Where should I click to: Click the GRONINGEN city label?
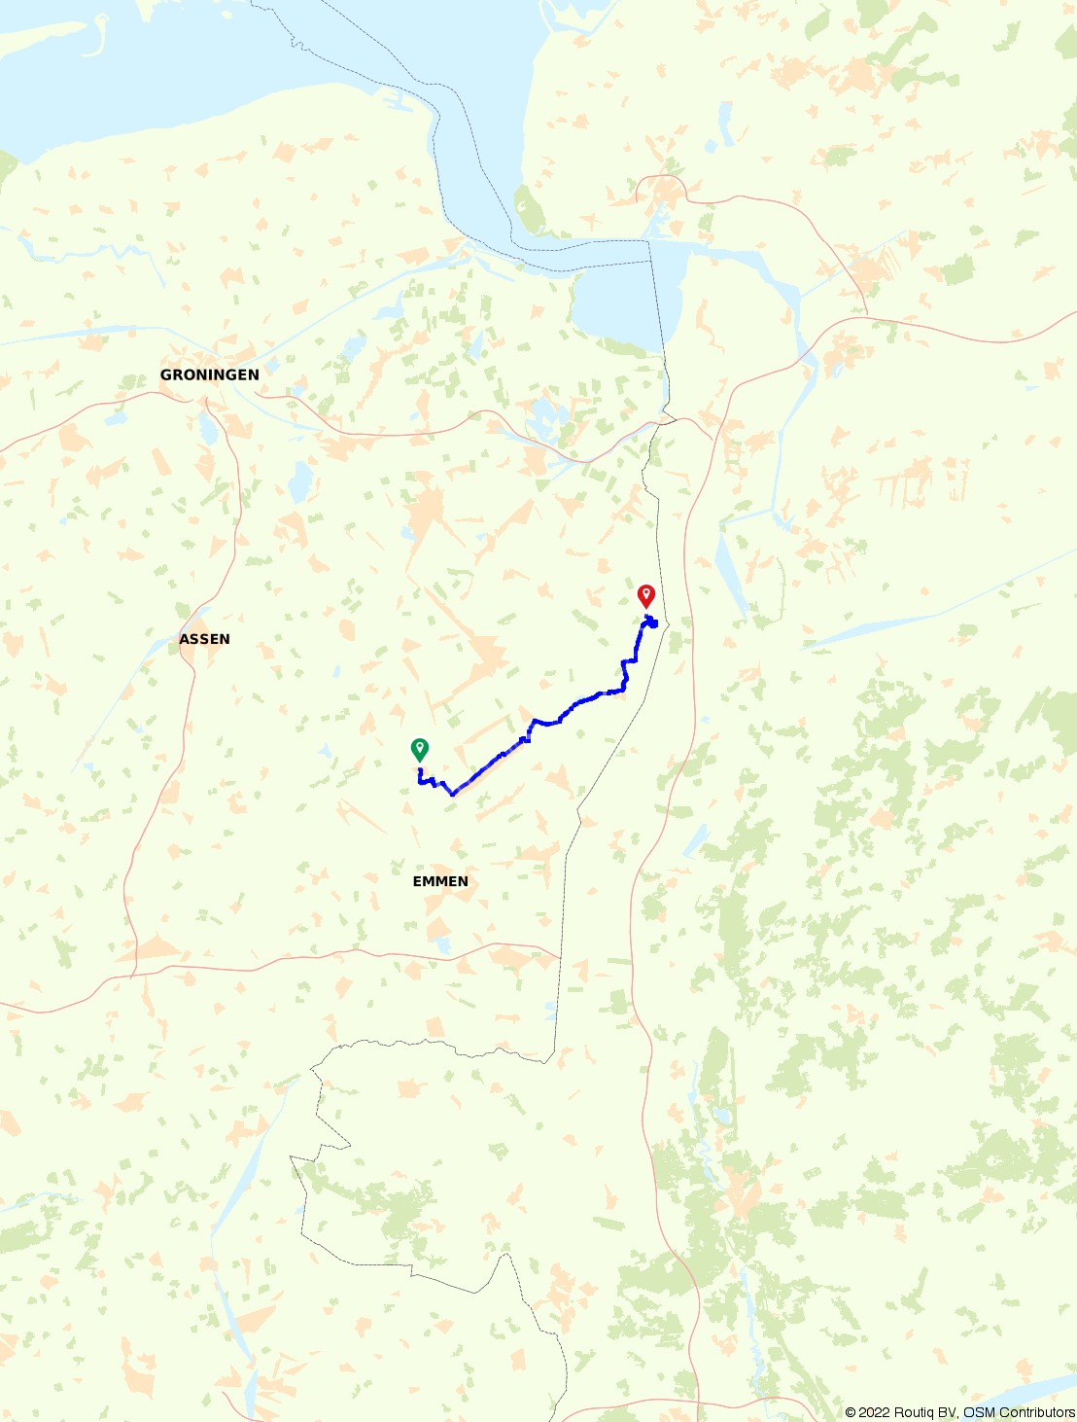209,374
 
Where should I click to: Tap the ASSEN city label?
204,639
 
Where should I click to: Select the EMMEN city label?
440,881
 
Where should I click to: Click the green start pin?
419,749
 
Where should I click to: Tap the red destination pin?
645,595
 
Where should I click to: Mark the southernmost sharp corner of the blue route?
453,794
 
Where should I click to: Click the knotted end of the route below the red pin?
651,622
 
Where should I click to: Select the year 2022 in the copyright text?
873,1412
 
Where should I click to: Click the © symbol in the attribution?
851,1412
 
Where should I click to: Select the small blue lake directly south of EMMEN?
443,943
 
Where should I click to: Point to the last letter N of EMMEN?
463,881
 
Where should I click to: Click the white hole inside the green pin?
419,746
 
